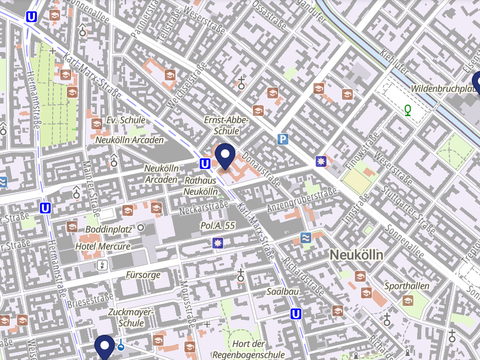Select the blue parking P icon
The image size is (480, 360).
pyautogui.click(x=282, y=140)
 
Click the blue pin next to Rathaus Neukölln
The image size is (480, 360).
pyautogui.click(x=226, y=156)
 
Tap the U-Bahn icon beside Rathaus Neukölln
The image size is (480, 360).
pyautogui.click(x=205, y=164)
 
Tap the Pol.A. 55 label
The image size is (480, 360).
pyautogui.click(x=217, y=227)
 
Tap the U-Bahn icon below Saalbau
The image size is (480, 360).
pyautogui.click(x=296, y=313)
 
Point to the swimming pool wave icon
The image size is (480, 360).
pyautogui.click(x=303, y=237)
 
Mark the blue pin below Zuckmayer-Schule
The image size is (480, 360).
pyautogui.click(x=104, y=346)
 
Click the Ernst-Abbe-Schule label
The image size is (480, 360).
pyautogui.click(x=226, y=124)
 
